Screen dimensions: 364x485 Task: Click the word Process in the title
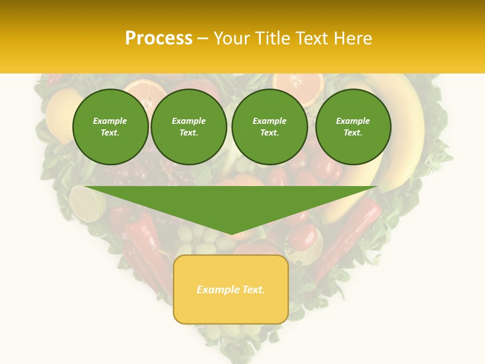pyautogui.click(x=159, y=38)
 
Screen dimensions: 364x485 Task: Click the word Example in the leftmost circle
pyautogui.click(x=110, y=121)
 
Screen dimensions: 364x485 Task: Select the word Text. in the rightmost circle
pyautogui.click(x=353, y=133)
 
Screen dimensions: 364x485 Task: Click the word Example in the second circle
pyautogui.click(x=188, y=121)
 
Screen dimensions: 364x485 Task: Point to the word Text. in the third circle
pyautogui.click(x=269, y=133)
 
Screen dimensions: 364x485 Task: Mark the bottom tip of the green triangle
pyautogui.click(x=231, y=234)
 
